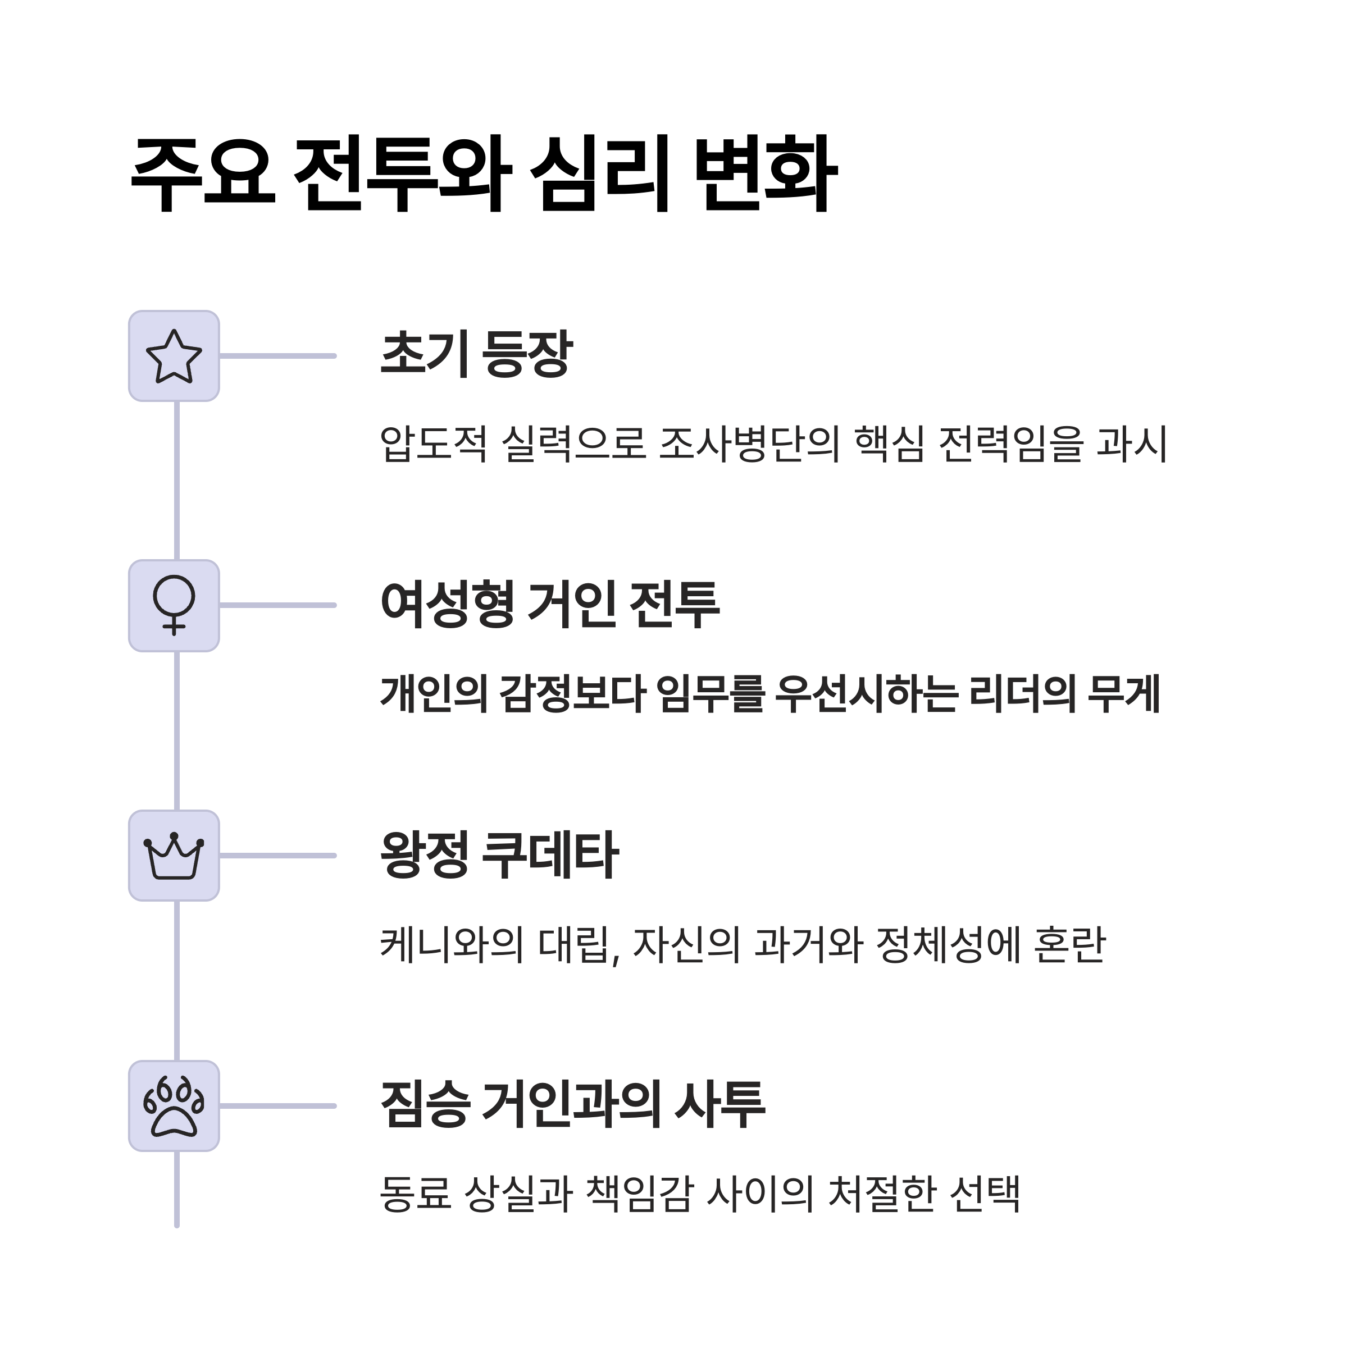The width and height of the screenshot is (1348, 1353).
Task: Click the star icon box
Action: (x=174, y=356)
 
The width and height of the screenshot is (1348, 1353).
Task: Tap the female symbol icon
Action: (x=174, y=606)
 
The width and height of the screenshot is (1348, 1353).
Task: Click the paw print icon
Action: (x=174, y=1107)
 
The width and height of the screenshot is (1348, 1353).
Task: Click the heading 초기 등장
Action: (x=476, y=354)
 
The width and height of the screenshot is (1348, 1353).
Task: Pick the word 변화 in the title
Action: (x=766, y=173)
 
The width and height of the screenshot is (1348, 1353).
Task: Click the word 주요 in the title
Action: (x=203, y=173)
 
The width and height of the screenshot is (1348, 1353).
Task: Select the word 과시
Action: (x=1132, y=444)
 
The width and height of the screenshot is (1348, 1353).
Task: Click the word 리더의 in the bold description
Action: (x=1022, y=694)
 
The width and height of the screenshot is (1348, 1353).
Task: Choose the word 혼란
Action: (x=1069, y=945)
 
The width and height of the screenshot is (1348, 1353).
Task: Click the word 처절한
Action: (x=882, y=1194)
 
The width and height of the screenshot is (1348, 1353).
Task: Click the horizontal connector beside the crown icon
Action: (x=277, y=856)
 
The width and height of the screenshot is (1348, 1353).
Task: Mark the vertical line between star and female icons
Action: (x=176, y=481)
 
